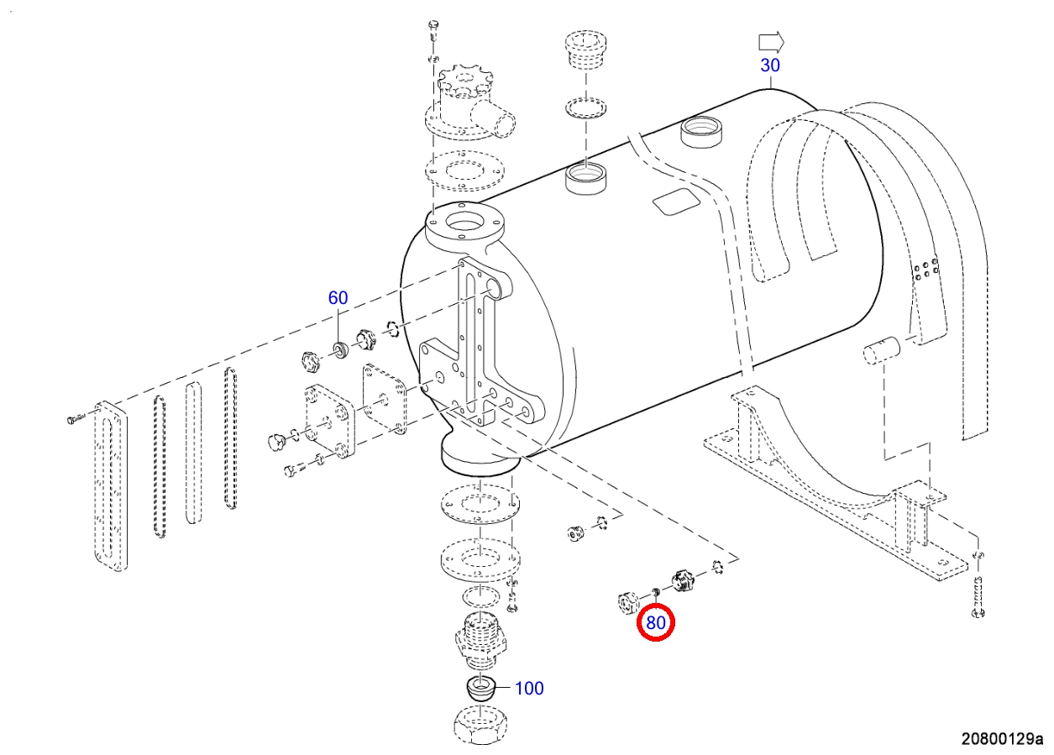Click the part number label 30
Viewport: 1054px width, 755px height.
(x=770, y=65)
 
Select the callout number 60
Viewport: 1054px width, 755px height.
(x=338, y=297)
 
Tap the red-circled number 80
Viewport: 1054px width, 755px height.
(x=655, y=622)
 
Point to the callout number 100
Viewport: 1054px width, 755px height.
(x=529, y=688)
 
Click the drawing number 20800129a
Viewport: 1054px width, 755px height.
(x=1002, y=739)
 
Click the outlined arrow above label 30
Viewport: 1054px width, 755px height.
(x=771, y=43)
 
